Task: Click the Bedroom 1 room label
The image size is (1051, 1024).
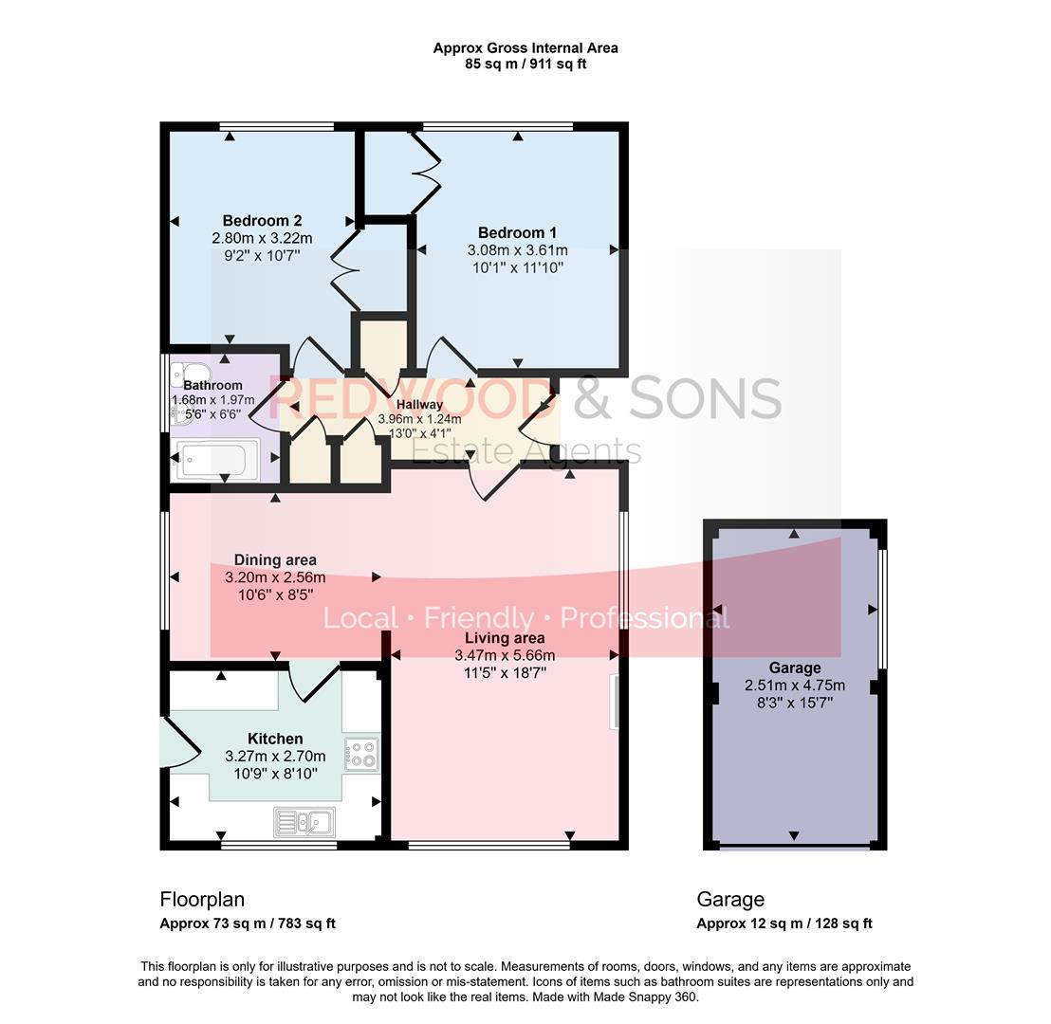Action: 517,233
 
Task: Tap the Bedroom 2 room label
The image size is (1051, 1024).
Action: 262,221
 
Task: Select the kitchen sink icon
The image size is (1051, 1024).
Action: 304,821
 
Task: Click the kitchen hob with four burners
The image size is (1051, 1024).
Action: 361,754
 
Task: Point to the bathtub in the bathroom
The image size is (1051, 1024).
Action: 213,461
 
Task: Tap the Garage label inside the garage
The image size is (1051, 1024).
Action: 794,667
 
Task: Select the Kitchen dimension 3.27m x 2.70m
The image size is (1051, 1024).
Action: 275,757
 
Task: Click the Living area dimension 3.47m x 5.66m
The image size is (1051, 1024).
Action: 505,655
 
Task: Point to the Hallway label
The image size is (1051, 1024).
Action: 419,405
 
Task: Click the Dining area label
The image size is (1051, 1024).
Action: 275,560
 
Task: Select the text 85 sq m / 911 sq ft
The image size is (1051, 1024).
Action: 525,64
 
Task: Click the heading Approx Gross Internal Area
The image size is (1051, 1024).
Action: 525,47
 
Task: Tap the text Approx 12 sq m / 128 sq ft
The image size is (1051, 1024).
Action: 784,923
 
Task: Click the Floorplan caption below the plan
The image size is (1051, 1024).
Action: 202,899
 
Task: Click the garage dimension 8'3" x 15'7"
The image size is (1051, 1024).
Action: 794,703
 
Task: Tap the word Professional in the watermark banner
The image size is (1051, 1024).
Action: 644,618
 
